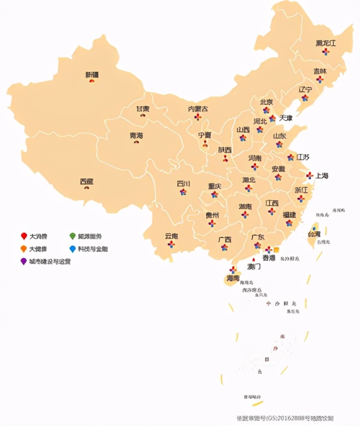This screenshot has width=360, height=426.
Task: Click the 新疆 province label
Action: pos(92,75)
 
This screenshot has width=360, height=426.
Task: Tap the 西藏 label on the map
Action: pos(86,181)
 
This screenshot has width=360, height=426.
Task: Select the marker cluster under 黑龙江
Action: pos(325,52)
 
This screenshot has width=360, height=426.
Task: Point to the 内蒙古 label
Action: pos(198,109)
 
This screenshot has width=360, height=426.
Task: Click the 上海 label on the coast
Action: pos(322,175)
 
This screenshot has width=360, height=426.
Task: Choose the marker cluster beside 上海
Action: pos(309,175)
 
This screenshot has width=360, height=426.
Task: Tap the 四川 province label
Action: pos(183,184)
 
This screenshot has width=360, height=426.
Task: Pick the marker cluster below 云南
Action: pos(171,244)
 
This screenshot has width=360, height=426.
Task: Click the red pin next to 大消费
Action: pos(23,236)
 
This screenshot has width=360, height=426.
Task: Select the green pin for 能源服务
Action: pos(72,236)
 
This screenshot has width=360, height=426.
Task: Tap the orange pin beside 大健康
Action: pos(23,249)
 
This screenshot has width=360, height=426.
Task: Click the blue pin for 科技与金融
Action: pos(72,249)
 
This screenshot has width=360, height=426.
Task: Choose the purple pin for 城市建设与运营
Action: pos(23,261)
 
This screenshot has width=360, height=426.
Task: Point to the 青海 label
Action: pos(136,135)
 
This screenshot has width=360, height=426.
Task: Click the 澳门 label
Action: pos(254,266)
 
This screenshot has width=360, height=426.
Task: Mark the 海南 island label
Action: pos(233,278)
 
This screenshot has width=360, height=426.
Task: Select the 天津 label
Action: pos(286,118)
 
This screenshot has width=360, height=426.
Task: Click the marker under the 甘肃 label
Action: pos(143,115)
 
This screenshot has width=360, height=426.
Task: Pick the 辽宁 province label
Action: pos(306,89)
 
